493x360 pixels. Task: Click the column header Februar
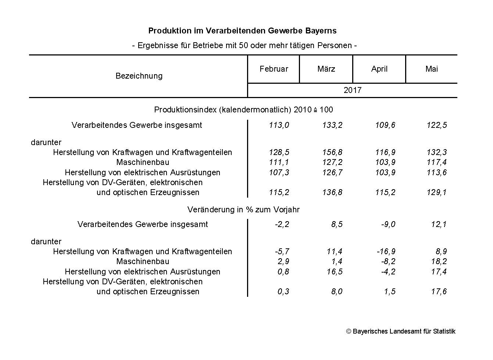point(274,69)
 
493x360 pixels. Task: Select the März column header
point(326,69)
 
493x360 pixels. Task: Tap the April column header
point(379,69)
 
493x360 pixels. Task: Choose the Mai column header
point(431,69)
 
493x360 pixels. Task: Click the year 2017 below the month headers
point(352,90)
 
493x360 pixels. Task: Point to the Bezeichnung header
point(139,76)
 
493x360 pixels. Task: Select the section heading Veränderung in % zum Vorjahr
point(243,210)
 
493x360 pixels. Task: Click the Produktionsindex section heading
point(243,110)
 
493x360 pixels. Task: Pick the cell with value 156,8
point(332,152)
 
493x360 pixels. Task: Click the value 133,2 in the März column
point(332,125)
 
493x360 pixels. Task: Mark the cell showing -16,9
point(386,252)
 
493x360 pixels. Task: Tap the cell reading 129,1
point(437,192)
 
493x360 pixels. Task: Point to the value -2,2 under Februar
point(282,224)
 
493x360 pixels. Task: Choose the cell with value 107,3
point(279,173)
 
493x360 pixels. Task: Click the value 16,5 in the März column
point(334,272)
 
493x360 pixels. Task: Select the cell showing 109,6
point(385,125)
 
